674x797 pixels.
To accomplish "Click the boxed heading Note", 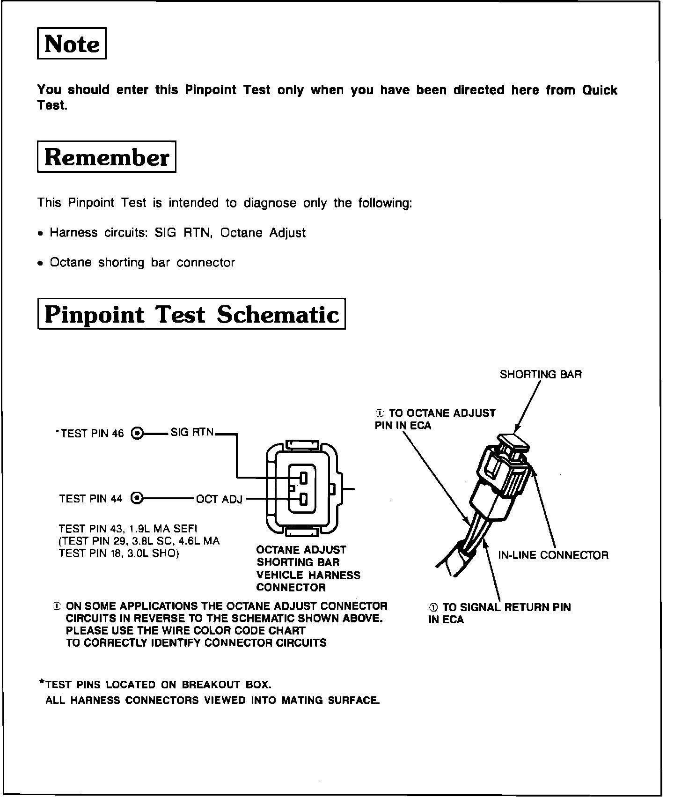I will coord(72,44).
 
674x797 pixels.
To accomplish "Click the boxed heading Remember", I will coord(106,157).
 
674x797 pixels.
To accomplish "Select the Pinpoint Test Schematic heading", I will coord(191,314).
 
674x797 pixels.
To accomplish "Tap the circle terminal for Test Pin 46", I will coord(137,433).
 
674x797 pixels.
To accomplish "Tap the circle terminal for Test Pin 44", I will coord(137,498).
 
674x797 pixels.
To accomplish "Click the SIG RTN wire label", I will coord(192,432).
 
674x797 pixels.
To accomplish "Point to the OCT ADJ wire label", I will coord(219,499).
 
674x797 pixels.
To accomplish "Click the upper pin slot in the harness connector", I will coord(303,478).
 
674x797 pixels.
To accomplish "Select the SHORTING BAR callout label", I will coord(541,375).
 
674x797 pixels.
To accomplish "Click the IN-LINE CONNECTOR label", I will coord(553,555).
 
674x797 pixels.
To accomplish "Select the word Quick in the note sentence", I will coord(600,90).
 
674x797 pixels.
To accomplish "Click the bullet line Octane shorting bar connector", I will coord(142,263).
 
